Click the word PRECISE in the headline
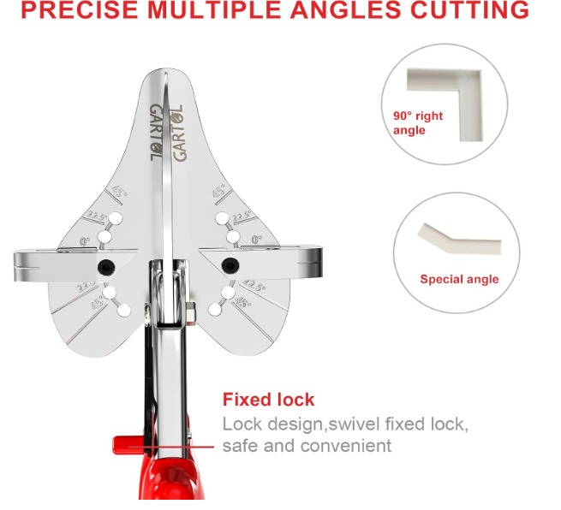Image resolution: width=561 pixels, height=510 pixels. (x=80, y=9)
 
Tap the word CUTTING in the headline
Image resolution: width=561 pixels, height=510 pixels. (x=469, y=9)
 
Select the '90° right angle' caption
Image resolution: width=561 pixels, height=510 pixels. (x=417, y=122)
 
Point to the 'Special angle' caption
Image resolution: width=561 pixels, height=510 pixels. (x=459, y=279)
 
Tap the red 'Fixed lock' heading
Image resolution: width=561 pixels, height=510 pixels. (x=268, y=400)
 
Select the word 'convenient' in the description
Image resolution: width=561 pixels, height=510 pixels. (x=346, y=446)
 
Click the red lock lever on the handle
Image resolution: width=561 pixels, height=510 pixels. (x=128, y=445)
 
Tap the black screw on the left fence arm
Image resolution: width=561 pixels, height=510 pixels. (x=106, y=266)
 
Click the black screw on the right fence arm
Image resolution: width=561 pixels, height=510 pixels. (x=230, y=265)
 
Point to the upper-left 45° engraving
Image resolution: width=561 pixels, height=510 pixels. (x=119, y=192)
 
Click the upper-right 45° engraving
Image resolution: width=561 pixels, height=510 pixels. (x=219, y=191)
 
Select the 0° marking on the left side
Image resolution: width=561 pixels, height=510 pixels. (x=85, y=242)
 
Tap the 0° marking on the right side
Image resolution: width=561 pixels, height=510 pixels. (x=257, y=240)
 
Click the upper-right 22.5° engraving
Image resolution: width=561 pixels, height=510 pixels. (x=242, y=217)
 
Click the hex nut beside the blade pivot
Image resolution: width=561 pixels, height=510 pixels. (x=190, y=313)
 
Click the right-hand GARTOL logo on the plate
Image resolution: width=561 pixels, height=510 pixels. (x=178, y=133)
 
